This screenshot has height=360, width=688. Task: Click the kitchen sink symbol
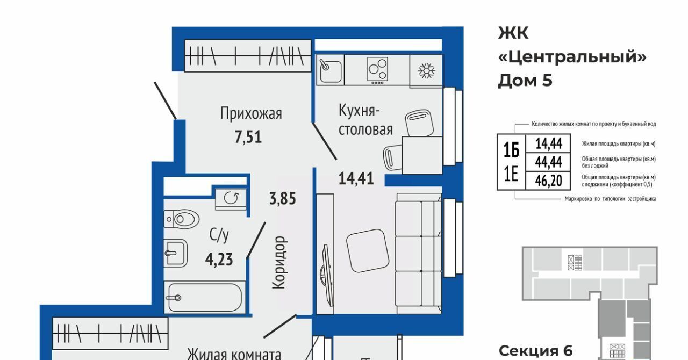point(331,70)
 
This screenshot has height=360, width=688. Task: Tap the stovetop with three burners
point(377,70)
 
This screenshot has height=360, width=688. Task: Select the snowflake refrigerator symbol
point(427,71)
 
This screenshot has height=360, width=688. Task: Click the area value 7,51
point(248,137)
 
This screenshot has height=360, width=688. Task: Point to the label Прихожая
point(251,113)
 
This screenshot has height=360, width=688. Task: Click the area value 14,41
point(356,178)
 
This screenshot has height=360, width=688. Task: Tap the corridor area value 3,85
point(283,198)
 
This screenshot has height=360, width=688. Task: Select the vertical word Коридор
point(280,263)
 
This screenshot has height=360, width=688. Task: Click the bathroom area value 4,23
point(219,260)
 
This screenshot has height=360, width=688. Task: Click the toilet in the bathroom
point(181,219)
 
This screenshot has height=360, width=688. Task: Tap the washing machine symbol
point(231,199)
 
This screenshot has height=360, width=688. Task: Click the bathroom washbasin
point(175,254)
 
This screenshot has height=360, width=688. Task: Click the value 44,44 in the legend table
point(549,162)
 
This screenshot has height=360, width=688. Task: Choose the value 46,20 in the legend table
point(549,181)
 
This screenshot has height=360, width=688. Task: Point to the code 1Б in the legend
point(511,150)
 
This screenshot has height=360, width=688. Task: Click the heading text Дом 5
point(525,81)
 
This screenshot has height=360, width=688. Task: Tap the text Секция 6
point(536,351)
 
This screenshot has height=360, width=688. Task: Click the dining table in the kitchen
point(422,155)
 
